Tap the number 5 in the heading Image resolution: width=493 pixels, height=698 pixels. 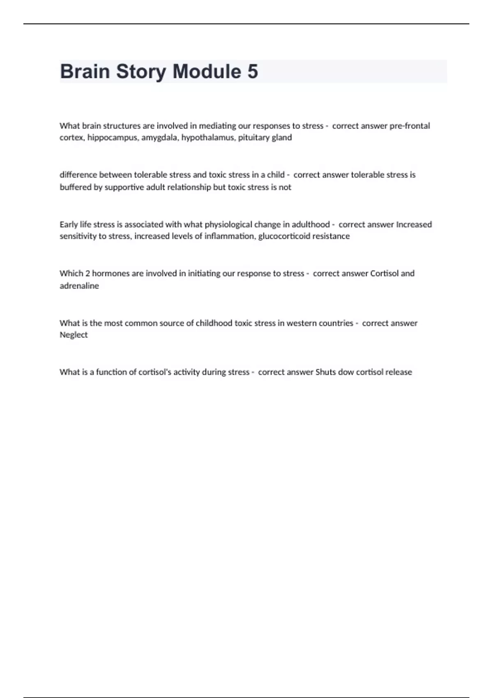253,71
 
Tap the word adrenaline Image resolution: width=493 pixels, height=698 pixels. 79,286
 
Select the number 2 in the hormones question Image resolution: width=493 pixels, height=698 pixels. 88,273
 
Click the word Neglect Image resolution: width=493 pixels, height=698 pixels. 74,335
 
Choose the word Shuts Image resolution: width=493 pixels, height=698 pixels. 325,372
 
